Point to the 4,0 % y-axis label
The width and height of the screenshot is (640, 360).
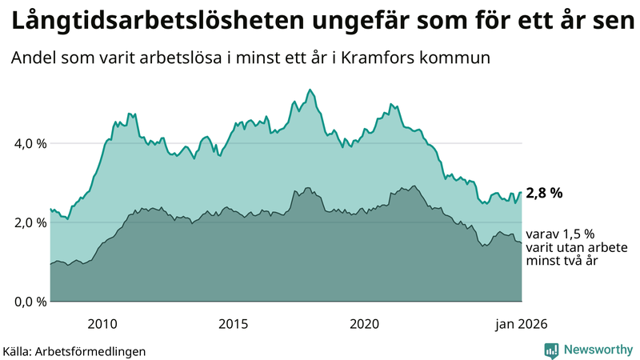tap(31, 143)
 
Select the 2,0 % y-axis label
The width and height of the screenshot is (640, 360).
tap(31, 222)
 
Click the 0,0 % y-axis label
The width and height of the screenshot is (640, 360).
tap(31, 302)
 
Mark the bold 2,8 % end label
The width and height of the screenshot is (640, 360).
tap(546, 193)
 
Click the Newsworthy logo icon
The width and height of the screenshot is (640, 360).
tap(552, 350)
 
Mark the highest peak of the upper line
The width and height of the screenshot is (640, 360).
tap(310, 90)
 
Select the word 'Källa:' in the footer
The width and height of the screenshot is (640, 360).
tap(22, 350)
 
